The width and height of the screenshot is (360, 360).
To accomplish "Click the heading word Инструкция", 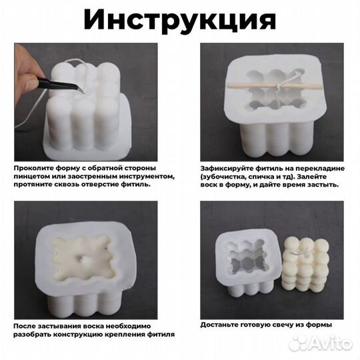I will [179, 20].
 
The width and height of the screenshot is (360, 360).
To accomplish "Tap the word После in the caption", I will [24, 325].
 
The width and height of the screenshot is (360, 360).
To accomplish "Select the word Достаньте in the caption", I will [222, 325].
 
